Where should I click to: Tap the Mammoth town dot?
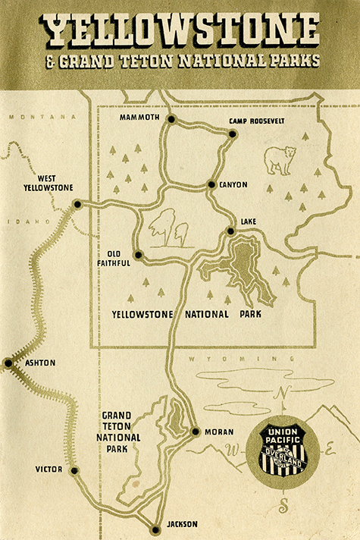click(172, 119)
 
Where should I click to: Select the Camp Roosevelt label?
click(257, 121)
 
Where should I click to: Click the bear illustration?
click(280, 160)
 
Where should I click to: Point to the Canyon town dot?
click(212, 184)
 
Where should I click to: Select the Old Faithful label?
click(114, 258)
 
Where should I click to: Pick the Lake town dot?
click(230, 231)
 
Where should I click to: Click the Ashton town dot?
click(8, 363)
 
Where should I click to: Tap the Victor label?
click(49, 469)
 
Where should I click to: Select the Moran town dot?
click(196, 432)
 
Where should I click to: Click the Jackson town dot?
click(155, 529)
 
